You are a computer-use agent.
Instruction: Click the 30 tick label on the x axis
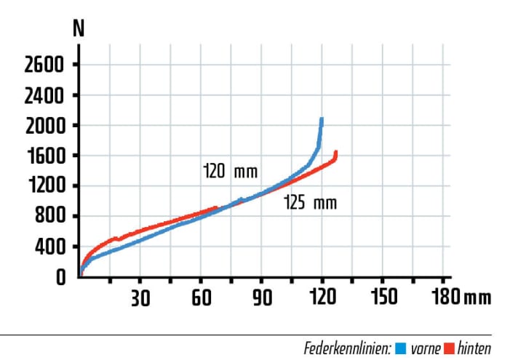[140, 297]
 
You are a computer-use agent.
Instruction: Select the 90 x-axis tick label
[262, 297]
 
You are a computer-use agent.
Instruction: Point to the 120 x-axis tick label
[322, 297]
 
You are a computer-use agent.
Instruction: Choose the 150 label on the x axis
[383, 297]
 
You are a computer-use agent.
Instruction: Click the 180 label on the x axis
[444, 297]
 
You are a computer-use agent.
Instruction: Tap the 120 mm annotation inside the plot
[231, 172]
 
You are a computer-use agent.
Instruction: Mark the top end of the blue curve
[321, 119]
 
